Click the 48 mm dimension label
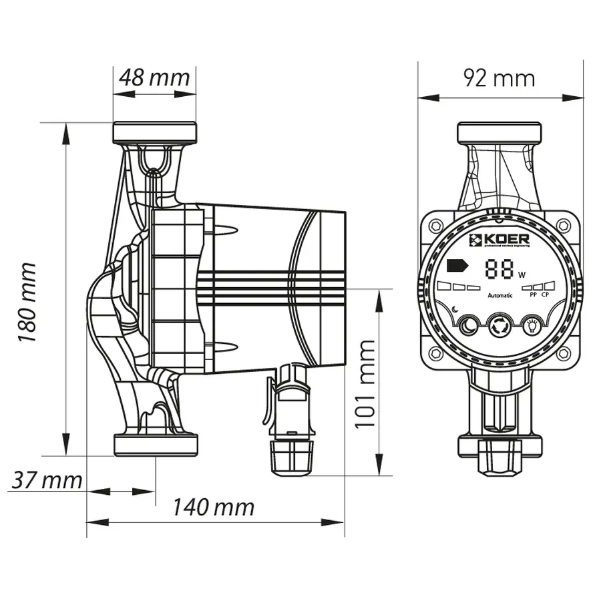click(x=154, y=77)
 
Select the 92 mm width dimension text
click(x=499, y=78)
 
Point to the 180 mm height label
click(x=27, y=302)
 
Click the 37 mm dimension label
click(x=46, y=479)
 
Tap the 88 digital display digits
click(x=500, y=270)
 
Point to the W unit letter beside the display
click(x=522, y=274)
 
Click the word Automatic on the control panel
click(x=500, y=295)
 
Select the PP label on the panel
click(x=533, y=294)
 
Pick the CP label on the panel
click(x=546, y=294)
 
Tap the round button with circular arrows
click(x=499, y=326)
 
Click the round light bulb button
click(x=532, y=325)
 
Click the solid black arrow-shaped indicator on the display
click(x=457, y=265)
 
